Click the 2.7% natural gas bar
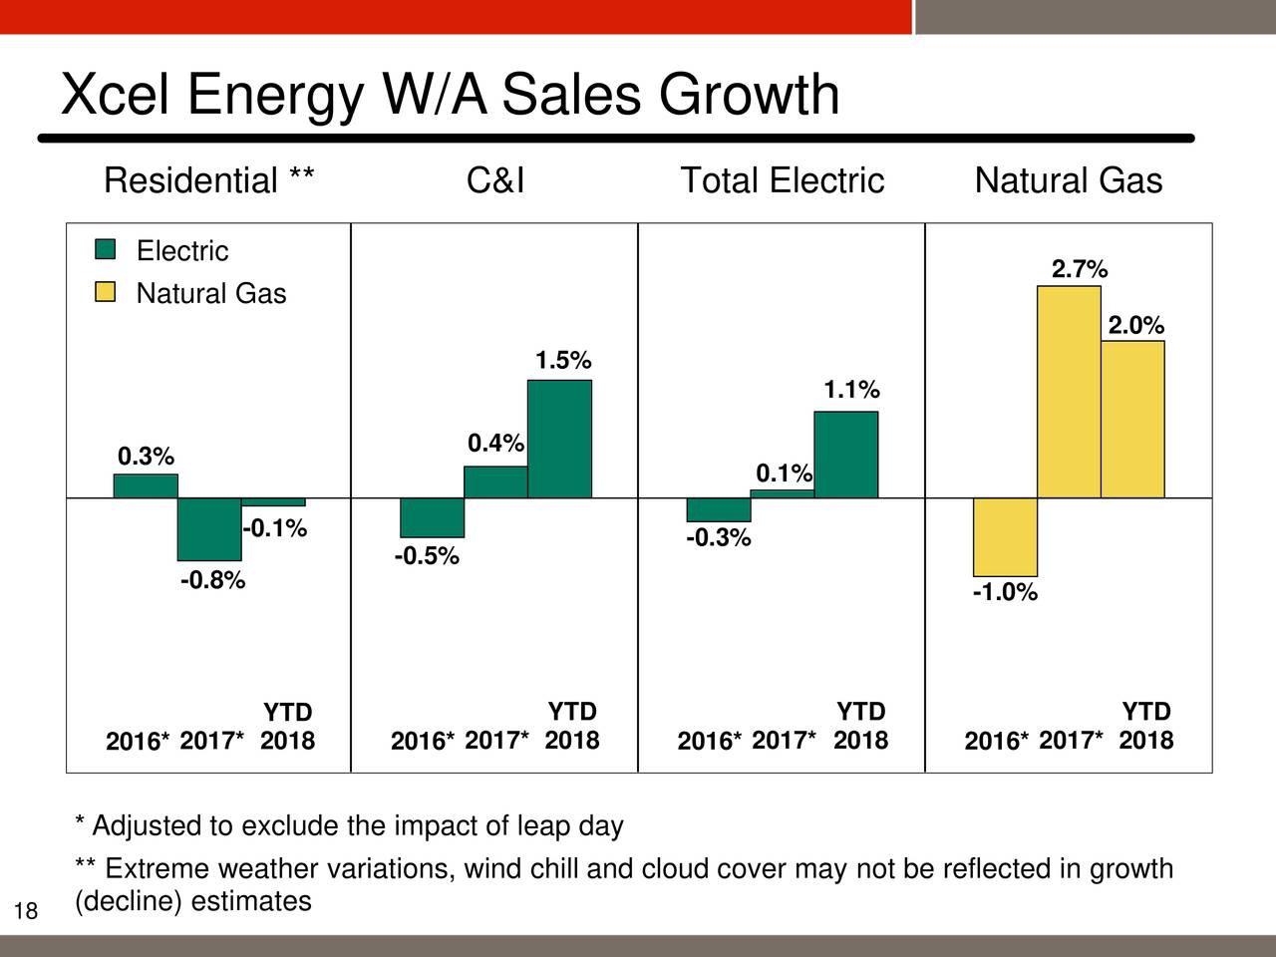(x=1069, y=392)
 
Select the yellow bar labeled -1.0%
(x=1005, y=536)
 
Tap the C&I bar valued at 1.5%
(x=559, y=439)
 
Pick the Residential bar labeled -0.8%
(x=209, y=528)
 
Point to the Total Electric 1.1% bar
(x=845, y=455)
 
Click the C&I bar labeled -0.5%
(x=432, y=517)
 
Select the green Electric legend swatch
(x=105, y=249)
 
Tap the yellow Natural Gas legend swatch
(x=105, y=292)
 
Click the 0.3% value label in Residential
(x=146, y=457)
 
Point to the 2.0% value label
(x=1135, y=326)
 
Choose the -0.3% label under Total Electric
(x=718, y=538)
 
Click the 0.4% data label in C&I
(x=495, y=443)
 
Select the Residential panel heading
(x=209, y=180)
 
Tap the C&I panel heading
(x=494, y=180)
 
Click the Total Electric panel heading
(x=782, y=180)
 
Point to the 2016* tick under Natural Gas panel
(x=996, y=741)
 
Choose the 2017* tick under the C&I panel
(x=496, y=740)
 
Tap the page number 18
(x=26, y=910)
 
